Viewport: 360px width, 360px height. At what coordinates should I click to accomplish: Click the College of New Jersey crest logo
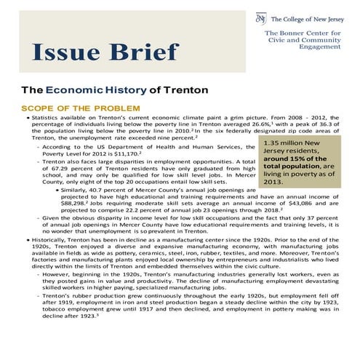point(260,17)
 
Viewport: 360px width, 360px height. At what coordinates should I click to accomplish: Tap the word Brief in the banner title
point(142,52)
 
